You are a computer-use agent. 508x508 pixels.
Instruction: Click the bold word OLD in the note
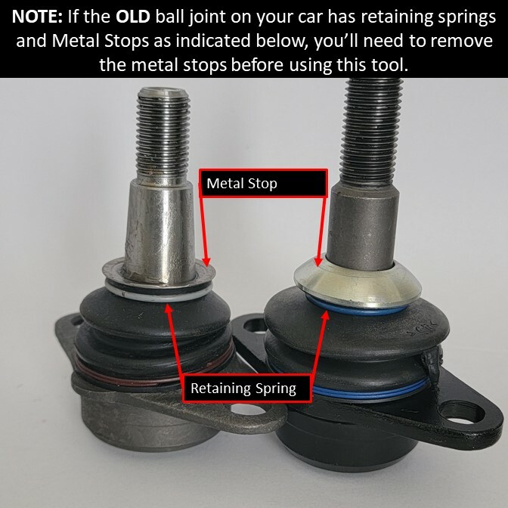138,16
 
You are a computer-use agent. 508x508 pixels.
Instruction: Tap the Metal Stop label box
263,184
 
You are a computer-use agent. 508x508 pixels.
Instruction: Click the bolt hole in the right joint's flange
475,414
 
